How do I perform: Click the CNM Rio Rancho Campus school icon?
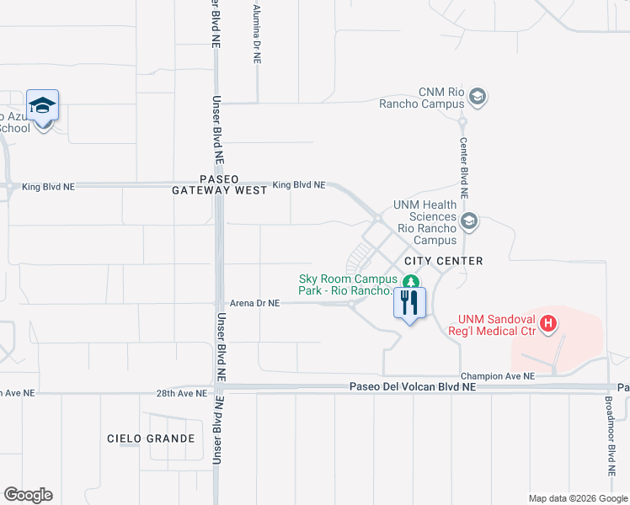click(x=478, y=98)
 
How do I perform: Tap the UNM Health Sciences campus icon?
click(x=469, y=222)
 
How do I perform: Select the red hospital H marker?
click(x=548, y=322)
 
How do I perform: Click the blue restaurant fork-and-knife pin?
click(x=409, y=303)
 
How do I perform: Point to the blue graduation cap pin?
click(x=42, y=106)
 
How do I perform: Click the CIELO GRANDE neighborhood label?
click(x=152, y=439)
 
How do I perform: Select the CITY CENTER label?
click(x=443, y=261)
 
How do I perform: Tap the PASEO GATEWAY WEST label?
click(x=220, y=185)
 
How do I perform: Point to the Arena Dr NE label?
click(x=254, y=303)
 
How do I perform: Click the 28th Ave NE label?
click(x=181, y=393)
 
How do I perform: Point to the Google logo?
click(x=28, y=495)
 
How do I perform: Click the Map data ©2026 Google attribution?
click(x=577, y=498)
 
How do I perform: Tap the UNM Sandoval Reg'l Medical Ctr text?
click(x=497, y=325)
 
